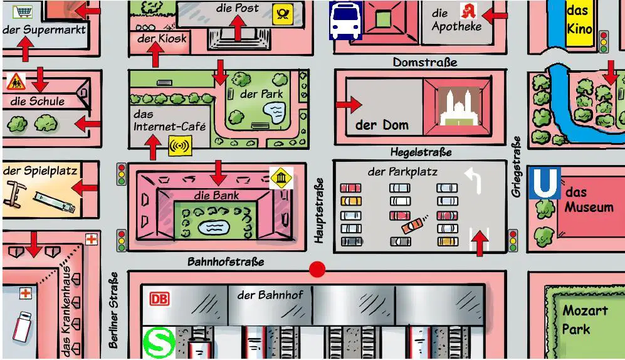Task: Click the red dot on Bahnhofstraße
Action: [317, 270]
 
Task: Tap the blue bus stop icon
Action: [345, 20]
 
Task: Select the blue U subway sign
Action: [545, 183]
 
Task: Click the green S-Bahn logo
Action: [159, 342]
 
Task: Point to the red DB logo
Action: [159, 299]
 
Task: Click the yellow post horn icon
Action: [283, 14]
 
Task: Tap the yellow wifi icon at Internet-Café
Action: [180, 146]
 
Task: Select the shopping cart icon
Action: [23, 11]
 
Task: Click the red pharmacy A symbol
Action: [468, 11]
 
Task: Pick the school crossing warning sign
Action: [16, 82]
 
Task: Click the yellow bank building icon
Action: [281, 178]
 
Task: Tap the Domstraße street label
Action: [425, 62]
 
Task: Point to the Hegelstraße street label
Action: [421, 152]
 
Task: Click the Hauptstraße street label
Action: [318, 211]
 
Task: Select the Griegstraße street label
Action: [516, 167]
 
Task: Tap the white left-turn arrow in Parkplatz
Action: [474, 179]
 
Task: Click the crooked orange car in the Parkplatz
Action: [412, 226]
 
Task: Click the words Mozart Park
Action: [584, 320]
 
